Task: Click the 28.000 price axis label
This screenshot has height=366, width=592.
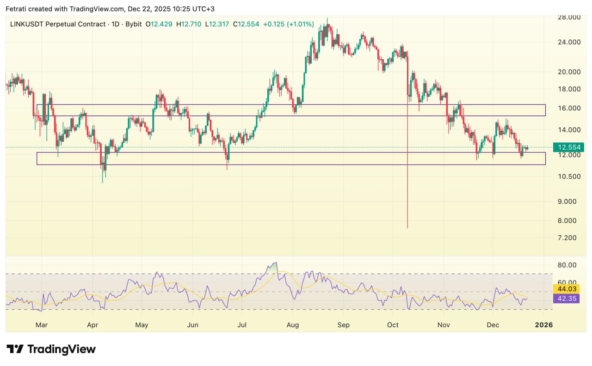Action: tap(568, 17)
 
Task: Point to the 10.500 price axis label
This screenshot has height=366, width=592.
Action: tap(568, 177)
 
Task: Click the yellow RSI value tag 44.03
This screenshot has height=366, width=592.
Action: tap(566, 289)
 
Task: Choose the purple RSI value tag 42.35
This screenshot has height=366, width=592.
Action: tap(566, 299)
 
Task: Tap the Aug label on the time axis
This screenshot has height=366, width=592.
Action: tap(292, 325)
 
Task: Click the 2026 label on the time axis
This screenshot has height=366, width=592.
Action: tap(544, 325)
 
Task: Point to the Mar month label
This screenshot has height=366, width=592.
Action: tap(42, 325)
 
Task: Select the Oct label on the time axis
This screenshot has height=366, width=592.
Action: tap(393, 325)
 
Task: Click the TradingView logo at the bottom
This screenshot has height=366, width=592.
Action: tap(51, 349)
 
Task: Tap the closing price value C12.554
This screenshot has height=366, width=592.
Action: tap(246, 24)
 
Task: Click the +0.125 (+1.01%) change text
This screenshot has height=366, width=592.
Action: tap(289, 24)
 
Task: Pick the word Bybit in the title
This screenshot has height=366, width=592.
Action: tap(133, 24)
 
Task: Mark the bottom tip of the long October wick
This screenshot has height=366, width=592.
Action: tap(407, 228)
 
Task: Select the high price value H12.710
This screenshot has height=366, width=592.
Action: tap(189, 24)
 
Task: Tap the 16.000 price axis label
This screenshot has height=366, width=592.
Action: tap(568, 108)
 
